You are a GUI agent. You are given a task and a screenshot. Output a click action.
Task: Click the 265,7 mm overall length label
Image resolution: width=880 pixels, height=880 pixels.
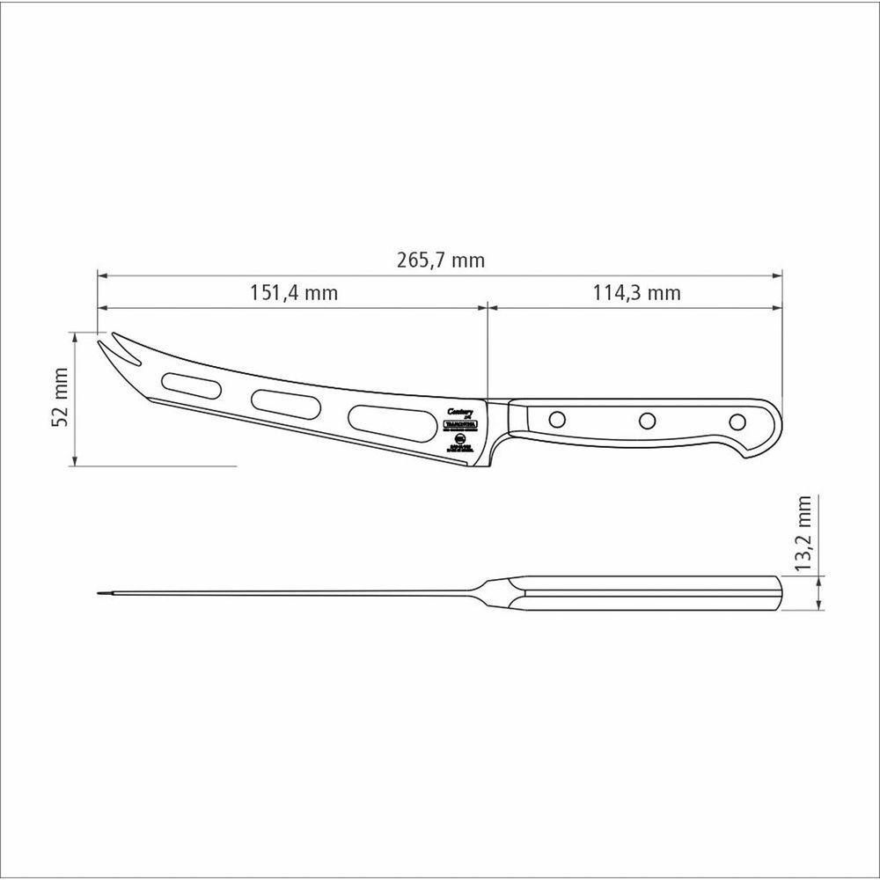[440, 260]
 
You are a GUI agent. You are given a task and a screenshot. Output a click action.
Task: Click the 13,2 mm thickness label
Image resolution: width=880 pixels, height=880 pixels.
[803, 546]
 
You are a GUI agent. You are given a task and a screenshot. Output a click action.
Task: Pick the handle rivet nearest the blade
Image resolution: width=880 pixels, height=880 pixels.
[556, 419]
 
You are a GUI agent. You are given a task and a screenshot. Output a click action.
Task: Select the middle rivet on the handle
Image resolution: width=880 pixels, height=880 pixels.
[647, 421]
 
